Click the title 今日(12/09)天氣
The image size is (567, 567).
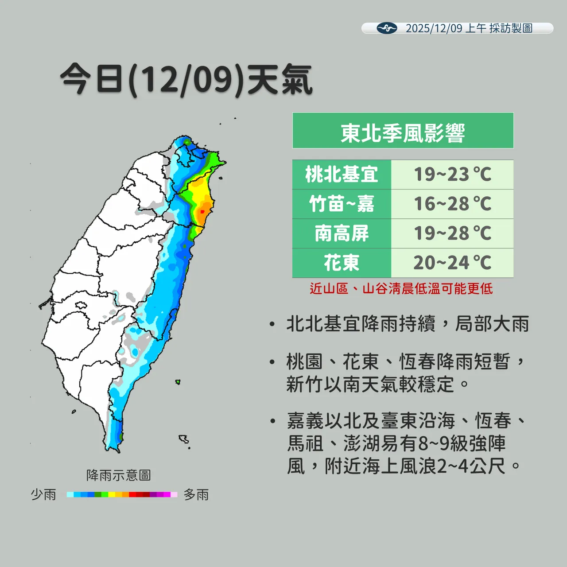click(186, 80)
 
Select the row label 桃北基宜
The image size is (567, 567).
click(342, 175)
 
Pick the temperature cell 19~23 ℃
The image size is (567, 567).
click(452, 175)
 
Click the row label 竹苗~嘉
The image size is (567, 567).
click(342, 204)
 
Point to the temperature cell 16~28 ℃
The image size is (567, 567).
click(452, 204)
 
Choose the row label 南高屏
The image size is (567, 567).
click(342, 233)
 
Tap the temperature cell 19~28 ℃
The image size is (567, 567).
click(452, 233)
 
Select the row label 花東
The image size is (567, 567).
click(342, 263)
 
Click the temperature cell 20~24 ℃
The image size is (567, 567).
click(452, 263)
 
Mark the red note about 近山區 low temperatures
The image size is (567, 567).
click(401, 289)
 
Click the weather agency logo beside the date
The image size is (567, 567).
click(387, 28)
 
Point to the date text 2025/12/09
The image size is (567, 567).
click(434, 28)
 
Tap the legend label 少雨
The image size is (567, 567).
click(43, 494)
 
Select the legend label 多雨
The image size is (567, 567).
click(196, 494)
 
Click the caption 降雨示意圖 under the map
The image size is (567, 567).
click(119, 475)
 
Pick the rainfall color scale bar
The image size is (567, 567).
click(122, 494)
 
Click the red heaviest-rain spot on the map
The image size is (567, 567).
click(202, 212)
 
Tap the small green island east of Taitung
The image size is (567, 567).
click(178, 381)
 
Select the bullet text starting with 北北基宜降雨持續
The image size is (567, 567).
click(408, 324)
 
